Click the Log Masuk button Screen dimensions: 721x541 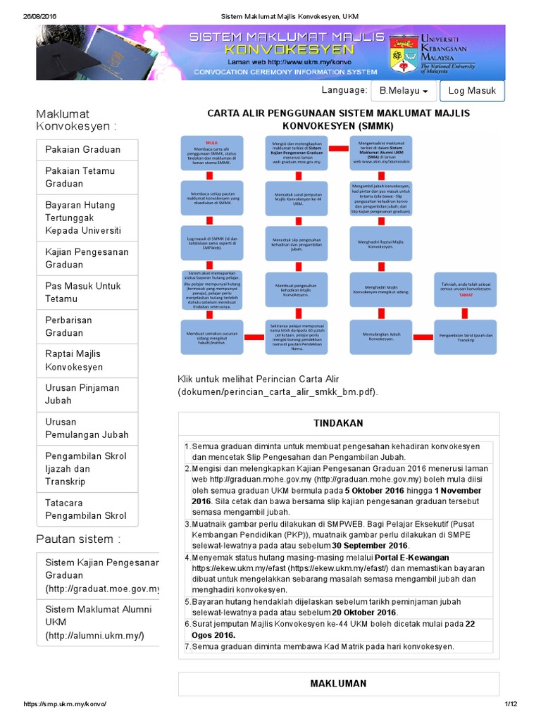[472, 91]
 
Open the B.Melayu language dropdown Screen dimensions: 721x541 [404, 91]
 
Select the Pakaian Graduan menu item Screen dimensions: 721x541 [83, 149]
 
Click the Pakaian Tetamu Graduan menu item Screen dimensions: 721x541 [80, 177]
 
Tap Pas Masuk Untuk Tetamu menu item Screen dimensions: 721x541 [83, 292]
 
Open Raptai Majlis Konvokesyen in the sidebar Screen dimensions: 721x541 [74, 360]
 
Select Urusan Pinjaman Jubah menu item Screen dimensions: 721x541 [82, 394]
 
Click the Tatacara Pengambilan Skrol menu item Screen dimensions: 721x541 [86, 509]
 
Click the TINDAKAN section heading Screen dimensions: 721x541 [338, 423]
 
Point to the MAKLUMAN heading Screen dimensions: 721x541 [338, 684]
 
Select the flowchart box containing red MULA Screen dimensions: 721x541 [211, 152]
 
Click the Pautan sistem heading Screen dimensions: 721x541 [78, 539]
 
